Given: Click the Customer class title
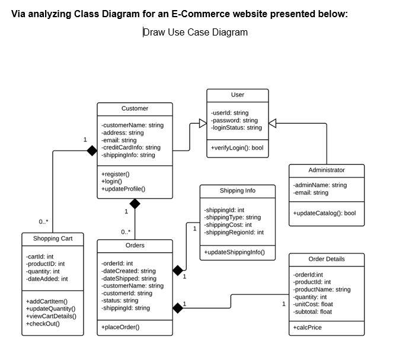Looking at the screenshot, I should coord(135,108).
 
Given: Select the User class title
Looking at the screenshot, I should coord(237,95).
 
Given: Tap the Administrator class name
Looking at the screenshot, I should coord(326,170).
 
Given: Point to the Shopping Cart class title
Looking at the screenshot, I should coord(53,239).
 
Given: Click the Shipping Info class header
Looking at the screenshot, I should coord(237,191).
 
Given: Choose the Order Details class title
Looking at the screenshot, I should coord(326,259).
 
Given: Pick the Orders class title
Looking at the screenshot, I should coord(135,245).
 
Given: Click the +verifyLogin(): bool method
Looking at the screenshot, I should coord(237,147).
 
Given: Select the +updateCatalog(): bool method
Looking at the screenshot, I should coord(324,213).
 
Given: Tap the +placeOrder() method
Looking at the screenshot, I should coord(120,327).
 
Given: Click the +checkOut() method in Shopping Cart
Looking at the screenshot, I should coord(43,323).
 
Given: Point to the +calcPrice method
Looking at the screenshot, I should coord(307,327).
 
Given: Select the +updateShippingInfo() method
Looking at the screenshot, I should coord(234,252).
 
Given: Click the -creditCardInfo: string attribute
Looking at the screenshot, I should coord(131,147).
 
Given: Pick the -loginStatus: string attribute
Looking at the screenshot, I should coord(236,127).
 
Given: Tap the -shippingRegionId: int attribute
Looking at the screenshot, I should coord(234,233).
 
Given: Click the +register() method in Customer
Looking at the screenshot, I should coord(115,174).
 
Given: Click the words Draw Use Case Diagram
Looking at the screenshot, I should coord(195,32).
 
